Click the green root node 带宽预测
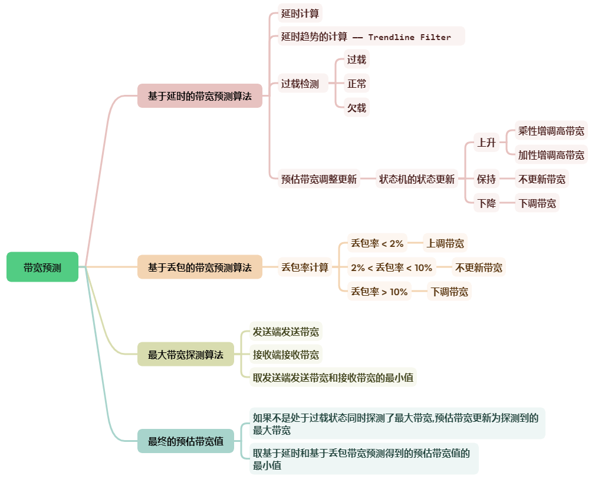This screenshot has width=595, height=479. pyautogui.click(x=42, y=267)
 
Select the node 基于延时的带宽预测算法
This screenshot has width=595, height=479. pyautogui.click(x=200, y=96)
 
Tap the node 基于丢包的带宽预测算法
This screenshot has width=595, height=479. pyautogui.click(x=200, y=267)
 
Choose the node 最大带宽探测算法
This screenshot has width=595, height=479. pyautogui.click(x=186, y=355)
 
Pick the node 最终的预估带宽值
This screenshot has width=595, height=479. pyautogui.click(x=186, y=441)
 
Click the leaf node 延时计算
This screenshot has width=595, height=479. pyautogui.click(x=300, y=13)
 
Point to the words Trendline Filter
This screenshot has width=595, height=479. pyautogui.click(x=409, y=37)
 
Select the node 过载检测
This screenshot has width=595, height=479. pyautogui.click(x=300, y=84)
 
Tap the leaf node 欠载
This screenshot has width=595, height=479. pyautogui.click(x=357, y=108)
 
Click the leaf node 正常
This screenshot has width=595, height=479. pyautogui.click(x=357, y=84)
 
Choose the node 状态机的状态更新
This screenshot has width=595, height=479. pyautogui.click(x=417, y=179)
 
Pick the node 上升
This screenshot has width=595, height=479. pyautogui.click(x=486, y=143)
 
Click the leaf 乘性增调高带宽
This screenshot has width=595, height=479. pyautogui.click(x=551, y=131)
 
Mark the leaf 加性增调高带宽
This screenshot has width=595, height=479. pyautogui.click(x=551, y=155)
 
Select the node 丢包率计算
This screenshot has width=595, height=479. pyautogui.click(x=305, y=267)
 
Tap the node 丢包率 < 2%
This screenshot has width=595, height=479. pyautogui.click(x=377, y=243)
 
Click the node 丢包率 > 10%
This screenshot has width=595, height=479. pyautogui.click(x=379, y=291)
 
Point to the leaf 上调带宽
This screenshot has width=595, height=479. pyautogui.click(x=445, y=243)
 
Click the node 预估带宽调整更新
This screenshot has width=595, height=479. pyautogui.click(x=319, y=179)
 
